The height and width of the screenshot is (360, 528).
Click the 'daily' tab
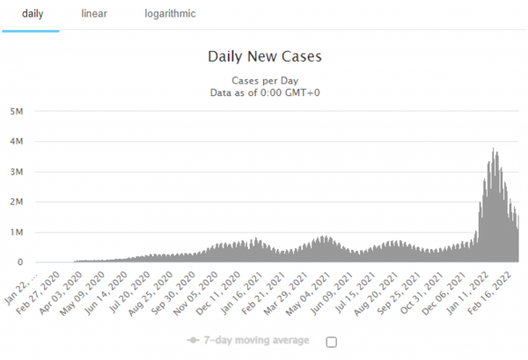click(30, 14)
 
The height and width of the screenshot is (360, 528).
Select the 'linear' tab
click(94, 14)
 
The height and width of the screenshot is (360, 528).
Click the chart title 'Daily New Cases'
click(265, 57)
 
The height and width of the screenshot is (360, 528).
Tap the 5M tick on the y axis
click(16, 112)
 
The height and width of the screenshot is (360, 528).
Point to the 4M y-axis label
click(16, 142)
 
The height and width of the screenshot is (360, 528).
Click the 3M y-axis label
click(16, 172)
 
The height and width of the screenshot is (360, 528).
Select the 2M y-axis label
click(16, 202)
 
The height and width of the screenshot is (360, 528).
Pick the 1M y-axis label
click(16, 232)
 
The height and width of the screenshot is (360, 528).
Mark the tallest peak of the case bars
click(494, 150)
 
